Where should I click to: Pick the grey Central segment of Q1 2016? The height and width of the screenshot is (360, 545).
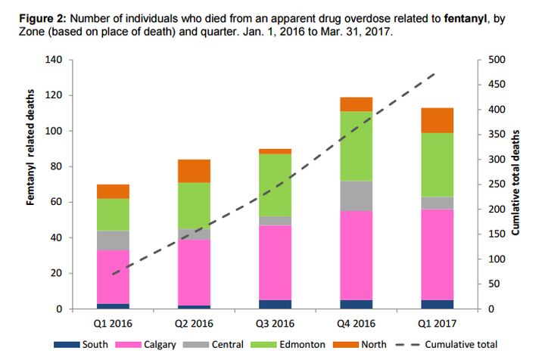(112, 241)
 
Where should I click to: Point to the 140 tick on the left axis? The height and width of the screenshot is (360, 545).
(53, 60)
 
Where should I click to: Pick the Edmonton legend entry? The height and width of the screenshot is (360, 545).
(301, 344)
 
